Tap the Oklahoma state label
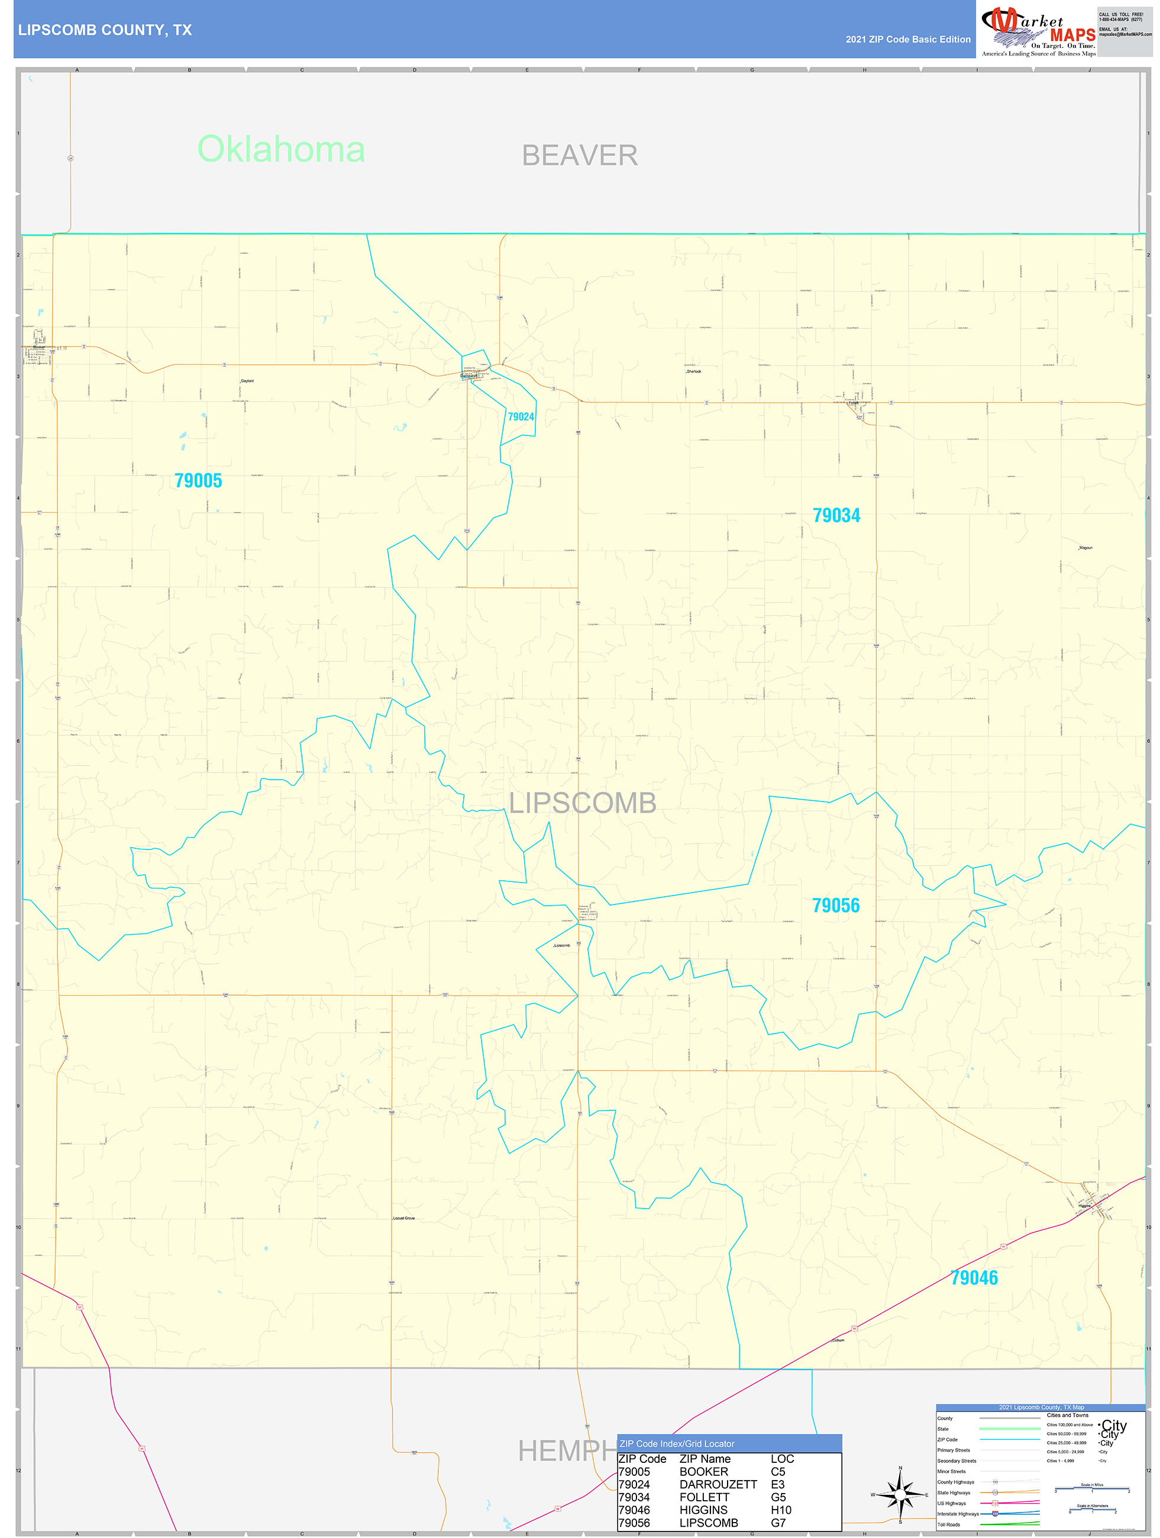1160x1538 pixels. point(281,150)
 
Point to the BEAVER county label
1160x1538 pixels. point(579,156)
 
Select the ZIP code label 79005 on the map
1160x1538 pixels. point(198,480)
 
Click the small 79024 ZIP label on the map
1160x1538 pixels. point(521,416)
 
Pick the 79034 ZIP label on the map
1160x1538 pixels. point(836,515)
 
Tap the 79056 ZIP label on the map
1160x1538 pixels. point(836,905)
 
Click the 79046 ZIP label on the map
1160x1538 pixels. point(974,1278)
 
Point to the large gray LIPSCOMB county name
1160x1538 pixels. point(583,803)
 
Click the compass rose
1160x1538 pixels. point(900,1491)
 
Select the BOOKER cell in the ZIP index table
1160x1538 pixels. point(704,1472)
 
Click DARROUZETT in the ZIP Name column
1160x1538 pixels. point(718,1484)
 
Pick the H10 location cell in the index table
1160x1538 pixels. point(781,1510)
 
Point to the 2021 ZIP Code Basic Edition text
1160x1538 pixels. point(907,40)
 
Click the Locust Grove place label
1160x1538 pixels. point(404,1218)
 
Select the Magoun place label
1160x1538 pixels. point(1085,548)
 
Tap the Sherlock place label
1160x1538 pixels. point(694,372)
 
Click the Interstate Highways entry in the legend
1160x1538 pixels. point(958,1514)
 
